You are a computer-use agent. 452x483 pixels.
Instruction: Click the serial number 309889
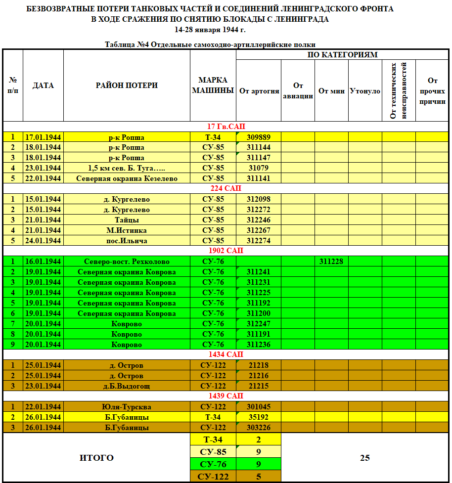258,137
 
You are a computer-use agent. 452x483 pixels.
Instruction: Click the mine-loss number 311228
331,261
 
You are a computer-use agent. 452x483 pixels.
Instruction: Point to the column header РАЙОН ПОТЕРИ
127,86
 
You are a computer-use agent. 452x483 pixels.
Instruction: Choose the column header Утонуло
365,91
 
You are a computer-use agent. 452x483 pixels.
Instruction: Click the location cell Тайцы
127,220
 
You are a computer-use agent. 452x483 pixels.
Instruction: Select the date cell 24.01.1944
43,241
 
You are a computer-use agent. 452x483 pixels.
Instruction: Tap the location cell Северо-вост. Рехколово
127,262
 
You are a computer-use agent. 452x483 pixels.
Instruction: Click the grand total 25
365,458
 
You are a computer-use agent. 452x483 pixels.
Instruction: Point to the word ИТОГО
96,458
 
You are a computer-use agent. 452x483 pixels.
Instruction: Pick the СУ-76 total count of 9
258,464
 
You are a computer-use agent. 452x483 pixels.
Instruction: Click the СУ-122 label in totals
213,477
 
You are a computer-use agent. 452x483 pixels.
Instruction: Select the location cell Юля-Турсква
127,407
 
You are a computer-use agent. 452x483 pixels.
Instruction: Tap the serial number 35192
258,417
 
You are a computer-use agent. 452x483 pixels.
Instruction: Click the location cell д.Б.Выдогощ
127,386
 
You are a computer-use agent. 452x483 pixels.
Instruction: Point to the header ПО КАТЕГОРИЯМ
343,55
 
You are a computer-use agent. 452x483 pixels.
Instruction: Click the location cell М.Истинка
127,230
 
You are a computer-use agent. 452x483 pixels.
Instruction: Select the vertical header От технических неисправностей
398,90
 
